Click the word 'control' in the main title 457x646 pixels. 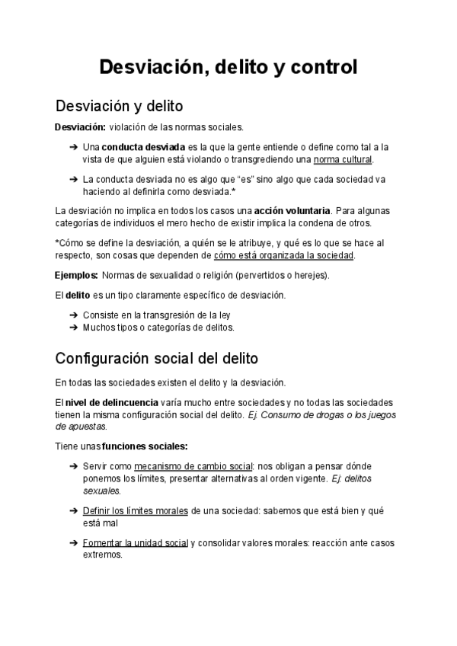pos(320,67)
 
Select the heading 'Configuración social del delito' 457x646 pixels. pos(157,357)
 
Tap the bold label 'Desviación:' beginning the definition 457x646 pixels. pos(80,127)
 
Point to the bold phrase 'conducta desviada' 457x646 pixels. pos(143,147)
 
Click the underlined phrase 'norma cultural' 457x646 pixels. pos(343,160)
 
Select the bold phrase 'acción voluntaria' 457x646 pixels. pos(292,210)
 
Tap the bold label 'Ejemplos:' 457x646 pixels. pos(76,275)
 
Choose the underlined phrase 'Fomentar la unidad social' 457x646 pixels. pos(135,543)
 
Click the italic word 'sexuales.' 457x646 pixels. pos(100,491)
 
